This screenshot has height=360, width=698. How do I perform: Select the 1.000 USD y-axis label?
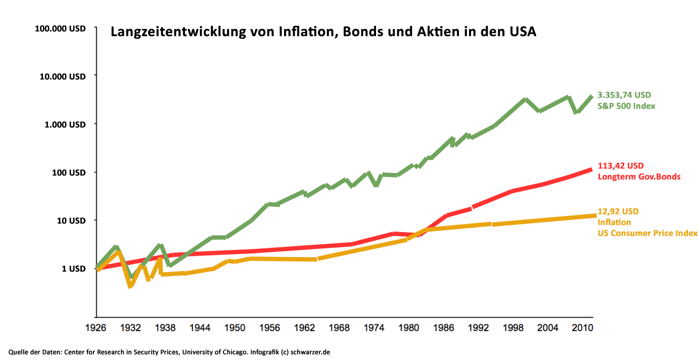coord(65,124)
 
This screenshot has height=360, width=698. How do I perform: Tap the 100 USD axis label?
coord(69,172)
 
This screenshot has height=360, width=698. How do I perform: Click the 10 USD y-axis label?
coord(71,220)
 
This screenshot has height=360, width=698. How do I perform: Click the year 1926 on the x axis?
coord(96,328)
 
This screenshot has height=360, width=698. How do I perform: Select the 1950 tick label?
coord(234,328)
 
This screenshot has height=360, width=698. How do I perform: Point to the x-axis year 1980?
coord(408,328)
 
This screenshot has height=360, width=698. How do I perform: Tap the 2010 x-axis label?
coord(582,328)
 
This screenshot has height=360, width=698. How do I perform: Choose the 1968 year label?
coord(339,328)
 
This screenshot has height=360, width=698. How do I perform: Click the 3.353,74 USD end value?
coord(624,95)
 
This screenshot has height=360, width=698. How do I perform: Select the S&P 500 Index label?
coord(626,106)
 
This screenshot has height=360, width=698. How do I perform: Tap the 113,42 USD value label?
coord(621,165)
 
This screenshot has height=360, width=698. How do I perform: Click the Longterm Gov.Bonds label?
coord(639,177)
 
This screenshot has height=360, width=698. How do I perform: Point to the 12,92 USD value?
coord(618,211)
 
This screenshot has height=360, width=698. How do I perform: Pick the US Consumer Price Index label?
coord(647,233)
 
